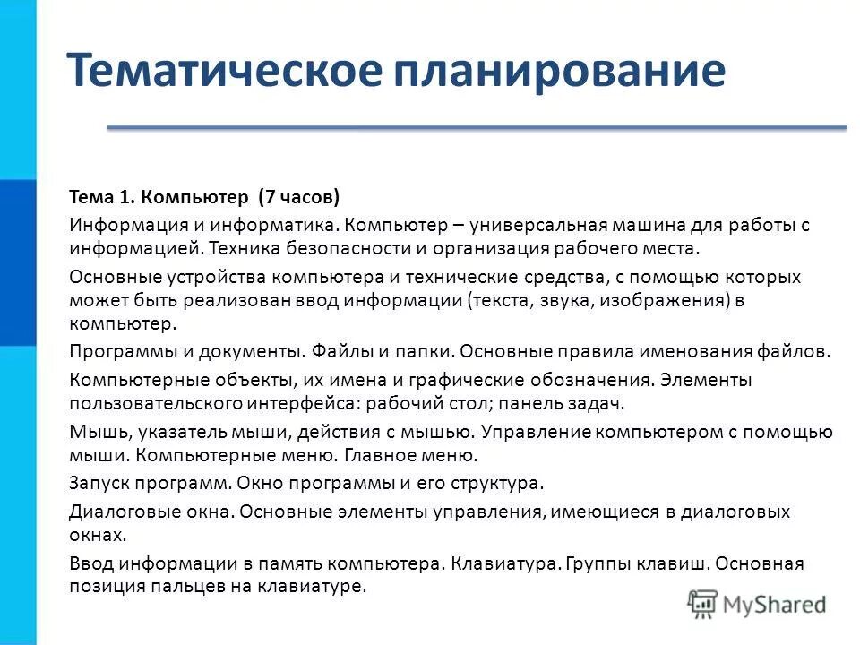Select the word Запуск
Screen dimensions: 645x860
coord(99,483)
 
